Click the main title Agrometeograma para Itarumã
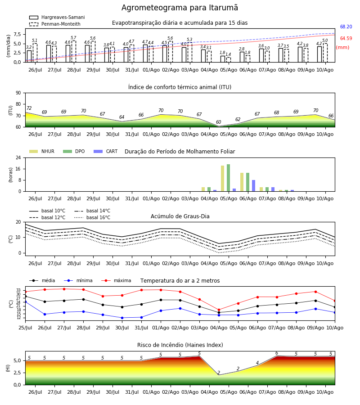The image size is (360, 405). (180, 8)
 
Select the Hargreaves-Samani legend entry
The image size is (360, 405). (57, 17)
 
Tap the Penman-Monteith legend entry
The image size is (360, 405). (55, 24)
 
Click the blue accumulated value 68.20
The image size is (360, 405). (346, 27)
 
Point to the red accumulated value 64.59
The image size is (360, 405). (346, 38)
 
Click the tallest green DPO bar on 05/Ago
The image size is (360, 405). (228, 178)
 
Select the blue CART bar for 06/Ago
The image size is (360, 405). (254, 186)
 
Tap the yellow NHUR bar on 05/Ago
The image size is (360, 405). (223, 179)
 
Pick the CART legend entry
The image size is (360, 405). (106, 151)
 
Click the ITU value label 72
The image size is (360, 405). (29, 108)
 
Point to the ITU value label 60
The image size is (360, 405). (219, 122)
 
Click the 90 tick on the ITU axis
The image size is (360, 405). (18, 93)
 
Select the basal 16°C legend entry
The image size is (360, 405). (92, 217)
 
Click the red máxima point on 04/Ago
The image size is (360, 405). (219, 310)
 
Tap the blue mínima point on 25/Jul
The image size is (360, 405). (25, 301)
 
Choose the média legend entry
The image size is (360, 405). (42, 280)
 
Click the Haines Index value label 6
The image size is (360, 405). (277, 353)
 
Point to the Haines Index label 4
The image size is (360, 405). (257, 363)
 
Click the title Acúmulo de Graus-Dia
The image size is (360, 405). (180, 216)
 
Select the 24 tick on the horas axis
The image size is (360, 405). (18, 157)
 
